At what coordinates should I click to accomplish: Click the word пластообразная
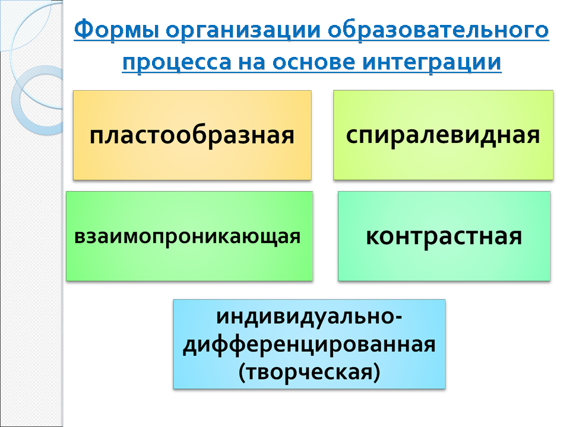tap(192, 135)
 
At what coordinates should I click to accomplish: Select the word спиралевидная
tap(443, 135)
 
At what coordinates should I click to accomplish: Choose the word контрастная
tap(444, 237)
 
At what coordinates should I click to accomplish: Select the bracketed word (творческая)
tap(309, 372)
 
